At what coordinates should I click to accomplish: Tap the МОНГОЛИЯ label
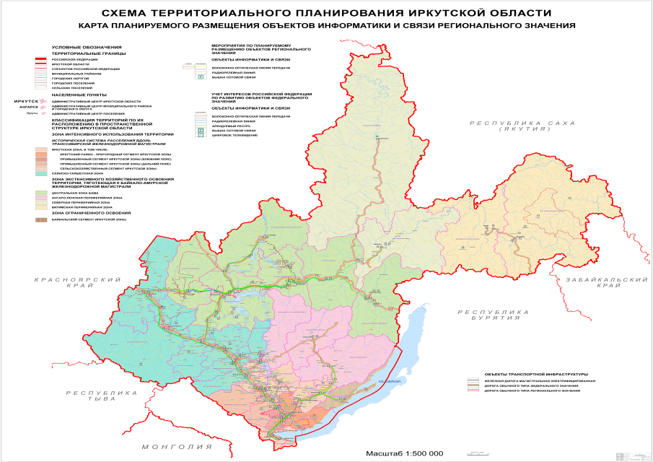pyautogui.click(x=171, y=447)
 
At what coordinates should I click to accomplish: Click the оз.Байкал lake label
pyautogui.click(x=390, y=381)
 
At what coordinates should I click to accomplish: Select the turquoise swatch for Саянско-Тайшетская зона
pyautogui.click(x=41, y=174)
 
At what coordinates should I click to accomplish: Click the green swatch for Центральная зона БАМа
pyautogui.click(x=41, y=193)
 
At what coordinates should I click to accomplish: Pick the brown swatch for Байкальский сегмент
pyautogui.click(x=41, y=219)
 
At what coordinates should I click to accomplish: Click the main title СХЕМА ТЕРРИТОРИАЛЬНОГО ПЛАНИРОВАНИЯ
pyautogui.click(x=327, y=13)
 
